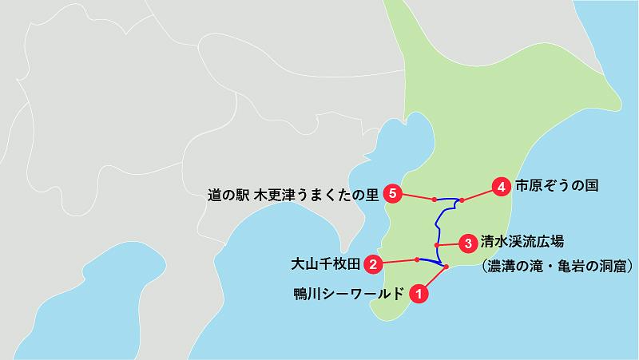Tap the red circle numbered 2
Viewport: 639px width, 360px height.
click(371, 263)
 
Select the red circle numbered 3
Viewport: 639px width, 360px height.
click(466, 240)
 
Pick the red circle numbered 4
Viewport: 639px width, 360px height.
click(501, 187)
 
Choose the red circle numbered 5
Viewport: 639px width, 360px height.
click(391, 192)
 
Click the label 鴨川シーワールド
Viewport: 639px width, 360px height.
click(349, 293)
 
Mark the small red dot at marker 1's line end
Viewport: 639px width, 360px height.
click(447, 266)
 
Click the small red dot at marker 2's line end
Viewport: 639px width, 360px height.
click(418, 259)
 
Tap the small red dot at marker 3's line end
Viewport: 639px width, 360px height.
click(437, 244)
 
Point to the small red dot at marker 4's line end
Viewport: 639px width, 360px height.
click(462, 200)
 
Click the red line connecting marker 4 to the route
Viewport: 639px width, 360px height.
click(481, 193)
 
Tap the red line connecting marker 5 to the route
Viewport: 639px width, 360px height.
click(414, 196)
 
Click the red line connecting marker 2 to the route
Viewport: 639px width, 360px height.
click(395, 261)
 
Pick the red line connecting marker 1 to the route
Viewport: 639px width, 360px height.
click(433, 279)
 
